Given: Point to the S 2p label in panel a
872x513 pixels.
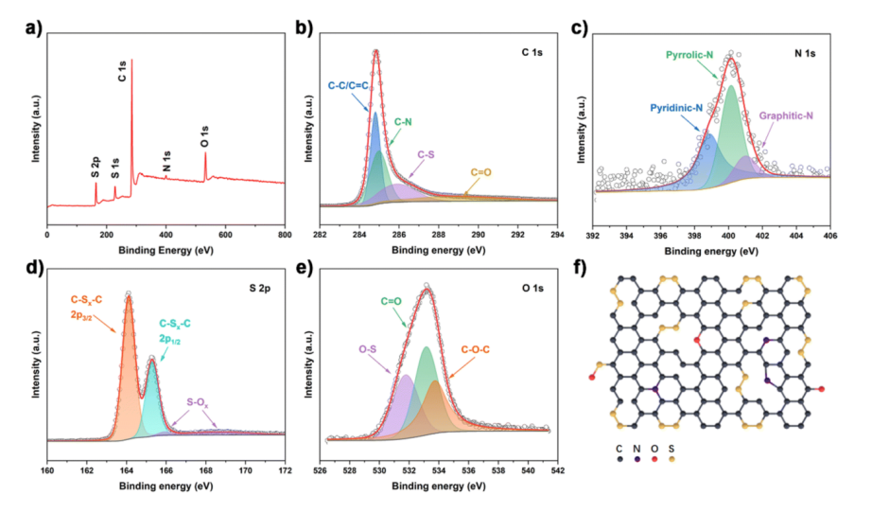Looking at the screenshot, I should point(96,167).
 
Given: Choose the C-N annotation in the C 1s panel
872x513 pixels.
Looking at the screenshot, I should point(403,122).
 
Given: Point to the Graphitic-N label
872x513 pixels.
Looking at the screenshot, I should point(787,115).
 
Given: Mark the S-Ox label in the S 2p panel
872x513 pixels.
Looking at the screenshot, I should point(197,401).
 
